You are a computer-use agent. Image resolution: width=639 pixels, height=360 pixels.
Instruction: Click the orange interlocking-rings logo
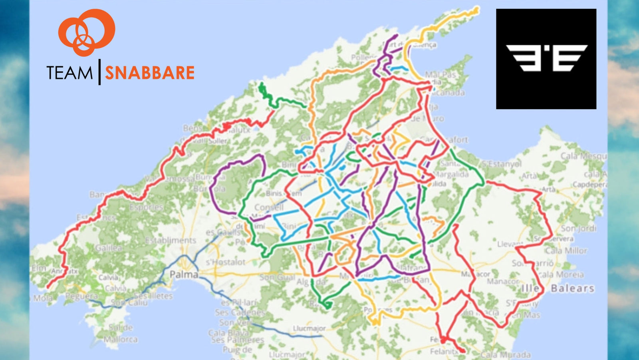(87, 32)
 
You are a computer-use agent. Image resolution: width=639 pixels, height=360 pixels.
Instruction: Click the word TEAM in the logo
(69, 73)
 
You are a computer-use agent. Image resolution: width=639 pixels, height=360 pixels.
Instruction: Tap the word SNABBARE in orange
(150, 73)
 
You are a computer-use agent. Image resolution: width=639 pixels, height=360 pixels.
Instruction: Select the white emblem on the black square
(546, 58)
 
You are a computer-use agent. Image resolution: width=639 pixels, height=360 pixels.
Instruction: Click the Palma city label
(184, 274)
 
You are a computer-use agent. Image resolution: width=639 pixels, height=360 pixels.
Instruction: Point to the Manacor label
(502, 281)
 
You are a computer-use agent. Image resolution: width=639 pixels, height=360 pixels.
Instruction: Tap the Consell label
(269, 207)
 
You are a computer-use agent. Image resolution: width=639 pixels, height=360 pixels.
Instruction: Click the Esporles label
(146, 207)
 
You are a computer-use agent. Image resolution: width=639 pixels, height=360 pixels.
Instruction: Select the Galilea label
(108, 248)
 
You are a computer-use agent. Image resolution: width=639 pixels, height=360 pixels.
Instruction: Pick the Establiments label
(171, 240)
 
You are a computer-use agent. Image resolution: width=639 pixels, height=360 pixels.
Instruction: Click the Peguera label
(81, 296)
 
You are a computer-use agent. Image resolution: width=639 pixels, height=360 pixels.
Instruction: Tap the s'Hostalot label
(226, 262)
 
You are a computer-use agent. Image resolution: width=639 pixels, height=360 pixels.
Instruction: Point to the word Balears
(572, 288)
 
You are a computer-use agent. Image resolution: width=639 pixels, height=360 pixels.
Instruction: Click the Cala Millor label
(566, 251)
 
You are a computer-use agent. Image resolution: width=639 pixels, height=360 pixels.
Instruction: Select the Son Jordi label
(578, 228)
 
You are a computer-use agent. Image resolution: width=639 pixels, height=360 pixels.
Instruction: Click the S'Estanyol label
(502, 164)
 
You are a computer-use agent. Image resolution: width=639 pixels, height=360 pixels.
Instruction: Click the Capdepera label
(589, 184)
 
